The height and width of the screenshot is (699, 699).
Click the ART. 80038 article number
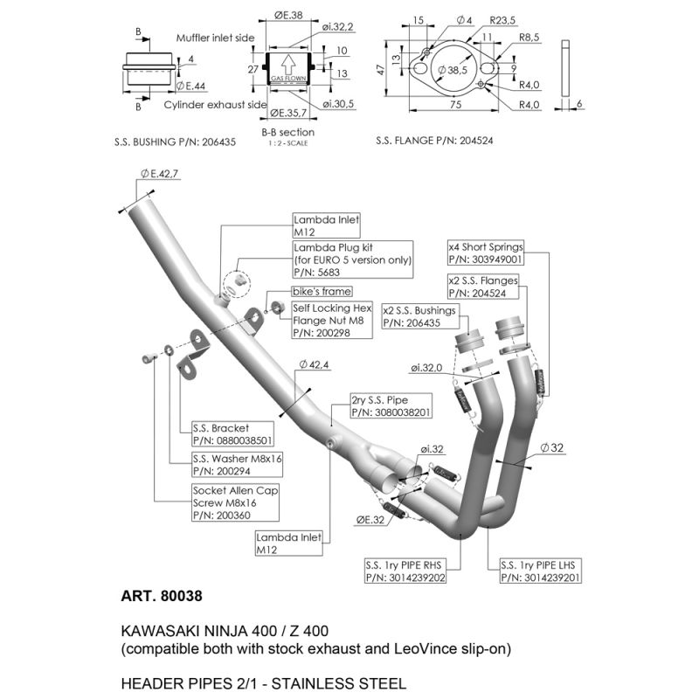pyautogui.click(x=161, y=598)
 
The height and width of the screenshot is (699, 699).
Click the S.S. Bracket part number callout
pyautogui.click(x=232, y=435)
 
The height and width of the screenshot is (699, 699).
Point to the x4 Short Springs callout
pyautogui.click(x=485, y=253)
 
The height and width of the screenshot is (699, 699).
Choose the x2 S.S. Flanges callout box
pyautogui.click(x=483, y=287)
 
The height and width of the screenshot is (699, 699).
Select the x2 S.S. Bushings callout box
pyautogui.click(x=419, y=316)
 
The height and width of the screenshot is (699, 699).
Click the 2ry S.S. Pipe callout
pyautogui.click(x=391, y=405)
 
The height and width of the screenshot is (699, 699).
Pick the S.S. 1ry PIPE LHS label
pyautogui.click(x=539, y=571)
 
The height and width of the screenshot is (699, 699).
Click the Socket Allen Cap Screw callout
pyautogui.click(x=234, y=503)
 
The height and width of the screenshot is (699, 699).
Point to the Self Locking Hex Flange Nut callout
pyautogui.click(x=332, y=320)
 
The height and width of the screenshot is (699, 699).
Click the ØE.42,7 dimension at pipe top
pyautogui.click(x=158, y=175)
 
